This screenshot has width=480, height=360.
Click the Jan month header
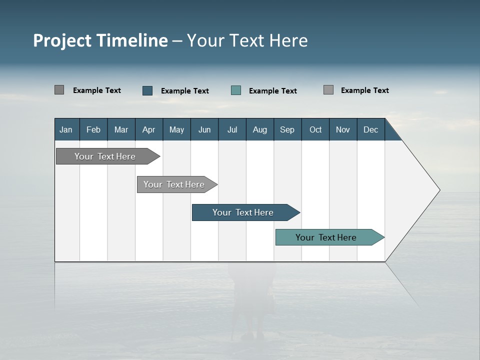click(66, 129)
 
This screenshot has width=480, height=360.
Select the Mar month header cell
click(121, 129)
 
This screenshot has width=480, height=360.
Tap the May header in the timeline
click(176, 129)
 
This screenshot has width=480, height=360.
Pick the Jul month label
click(232, 129)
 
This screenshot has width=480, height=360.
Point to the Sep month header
click(287, 129)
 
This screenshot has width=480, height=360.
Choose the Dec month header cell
click(370, 129)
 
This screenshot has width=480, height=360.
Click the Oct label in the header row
click(315, 129)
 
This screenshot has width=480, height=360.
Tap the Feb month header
click(93, 129)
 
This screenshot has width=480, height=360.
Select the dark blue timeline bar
click(243, 212)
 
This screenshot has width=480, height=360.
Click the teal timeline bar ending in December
click(326, 237)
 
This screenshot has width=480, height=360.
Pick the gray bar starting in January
click(105, 156)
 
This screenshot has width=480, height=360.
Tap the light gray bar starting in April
click(174, 184)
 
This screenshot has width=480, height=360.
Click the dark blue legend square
click(147, 90)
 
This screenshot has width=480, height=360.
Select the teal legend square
click(236, 90)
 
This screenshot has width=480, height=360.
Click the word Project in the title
click(62, 40)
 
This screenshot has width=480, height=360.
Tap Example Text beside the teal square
click(272, 91)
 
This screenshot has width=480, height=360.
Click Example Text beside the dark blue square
click(184, 91)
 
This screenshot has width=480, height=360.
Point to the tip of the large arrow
click(439, 190)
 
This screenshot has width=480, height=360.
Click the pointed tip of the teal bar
click(383, 237)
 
